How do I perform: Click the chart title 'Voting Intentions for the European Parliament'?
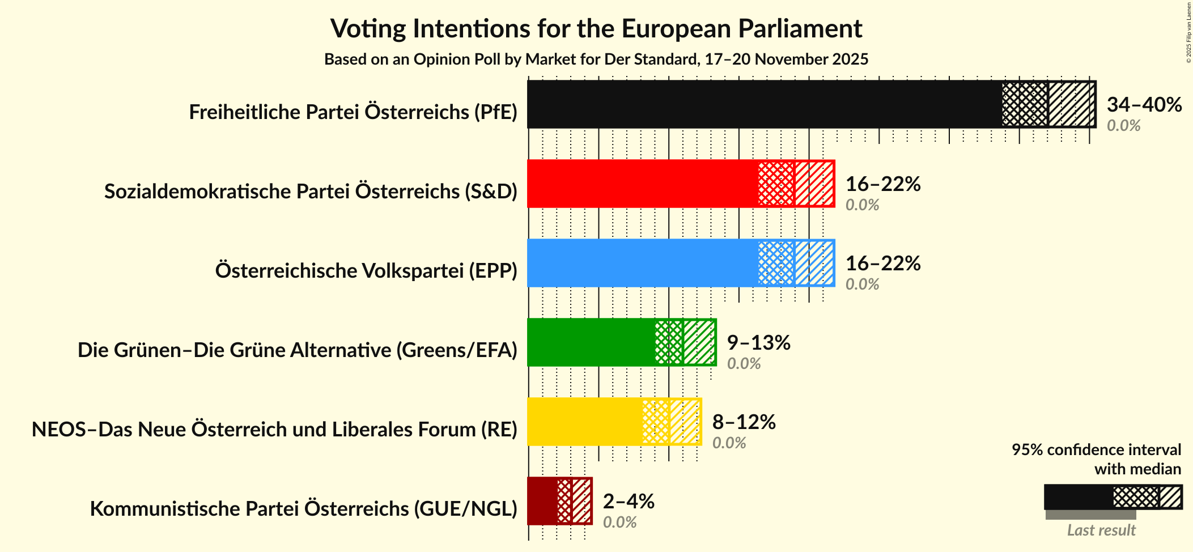(596, 28)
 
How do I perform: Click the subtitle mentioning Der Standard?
(596, 60)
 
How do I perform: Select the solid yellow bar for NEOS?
(584, 422)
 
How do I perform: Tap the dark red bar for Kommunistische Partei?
(542, 501)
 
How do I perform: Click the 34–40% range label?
(1144, 104)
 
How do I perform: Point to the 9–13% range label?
(758, 342)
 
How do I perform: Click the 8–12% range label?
(744, 422)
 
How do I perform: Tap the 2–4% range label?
(629, 501)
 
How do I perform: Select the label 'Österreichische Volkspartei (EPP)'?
(366, 271)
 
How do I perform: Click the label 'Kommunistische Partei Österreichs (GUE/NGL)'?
(303, 509)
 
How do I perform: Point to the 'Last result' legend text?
(1101, 530)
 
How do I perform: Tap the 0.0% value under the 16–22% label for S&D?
(862, 205)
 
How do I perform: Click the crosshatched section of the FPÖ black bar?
(1025, 104)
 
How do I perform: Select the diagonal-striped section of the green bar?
(699, 342)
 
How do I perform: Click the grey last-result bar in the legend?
(1090, 515)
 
